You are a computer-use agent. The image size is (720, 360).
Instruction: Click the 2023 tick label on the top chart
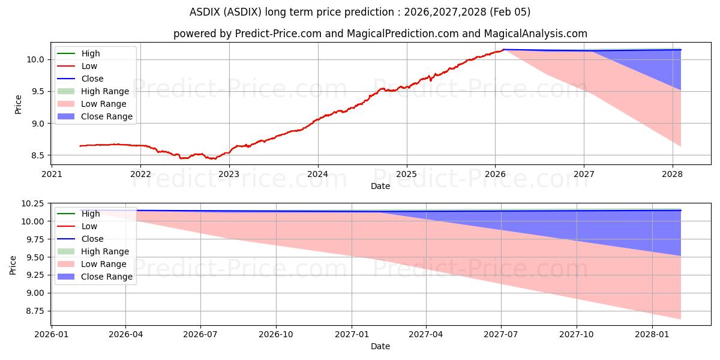point(229,175)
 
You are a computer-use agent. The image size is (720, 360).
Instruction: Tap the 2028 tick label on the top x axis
point(673,175)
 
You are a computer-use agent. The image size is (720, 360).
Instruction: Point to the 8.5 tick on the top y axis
point(37,155)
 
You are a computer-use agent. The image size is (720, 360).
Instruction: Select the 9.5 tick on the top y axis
point(37,91)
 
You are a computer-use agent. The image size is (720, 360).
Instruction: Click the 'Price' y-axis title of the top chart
point(18,104)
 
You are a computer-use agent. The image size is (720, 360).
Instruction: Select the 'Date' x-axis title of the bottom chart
point(380,346)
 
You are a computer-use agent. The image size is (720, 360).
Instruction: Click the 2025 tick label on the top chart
point(406,175)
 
